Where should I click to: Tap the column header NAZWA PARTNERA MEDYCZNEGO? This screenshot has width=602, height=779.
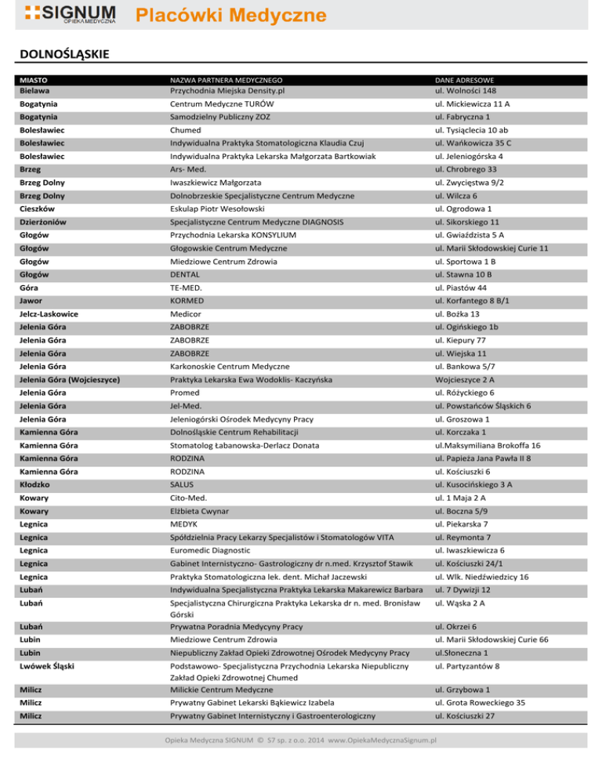pos(227,80)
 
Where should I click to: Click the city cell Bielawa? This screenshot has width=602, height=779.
pos(37,90)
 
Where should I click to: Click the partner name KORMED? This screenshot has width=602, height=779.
pos(189,300)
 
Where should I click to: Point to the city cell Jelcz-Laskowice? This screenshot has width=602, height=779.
pos(54,313)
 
